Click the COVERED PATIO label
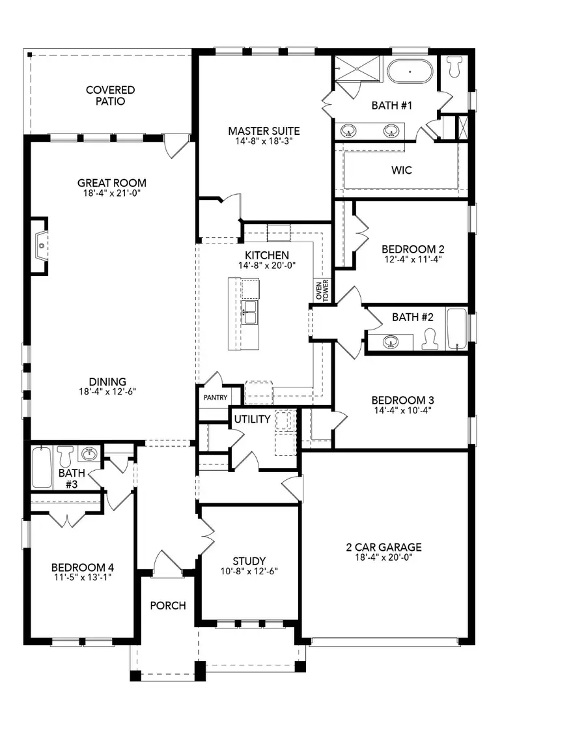(x=110, y=96)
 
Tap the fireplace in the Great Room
(x=40, y=246)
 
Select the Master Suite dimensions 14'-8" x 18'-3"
(x=264, y=141)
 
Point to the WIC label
(x=402, y=171)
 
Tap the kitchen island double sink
(x=250, y=312)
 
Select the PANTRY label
(x=214, y=397)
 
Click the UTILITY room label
(x=252, y=419)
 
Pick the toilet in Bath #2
(x=430, y=339)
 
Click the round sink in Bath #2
(x=391, y=342)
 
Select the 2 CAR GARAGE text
(x=384, y=547)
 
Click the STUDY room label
(x=249, y=561)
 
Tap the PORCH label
(x=168, y=606)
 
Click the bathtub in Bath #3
(x=41, y=467)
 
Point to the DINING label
(x=108, y=382)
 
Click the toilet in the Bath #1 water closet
(x=454, y=66)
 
